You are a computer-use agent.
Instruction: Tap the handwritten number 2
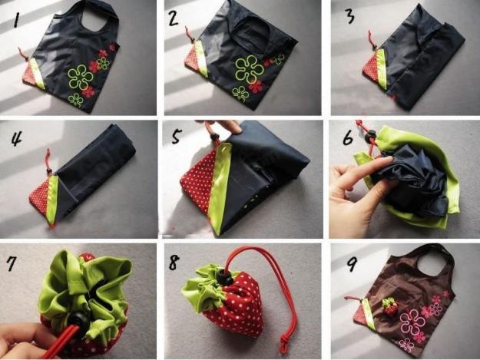(173, 18)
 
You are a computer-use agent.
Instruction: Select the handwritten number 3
(350, 16)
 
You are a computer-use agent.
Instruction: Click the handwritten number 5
(177, 137)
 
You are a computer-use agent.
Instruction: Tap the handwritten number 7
(12, 263)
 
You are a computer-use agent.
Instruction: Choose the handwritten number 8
(174, 263)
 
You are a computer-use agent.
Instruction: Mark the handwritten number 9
(351, 263)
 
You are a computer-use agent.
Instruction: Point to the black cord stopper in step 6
(371, 134)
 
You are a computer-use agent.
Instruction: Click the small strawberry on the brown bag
(390, 307)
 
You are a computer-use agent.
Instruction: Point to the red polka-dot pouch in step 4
(39, 195)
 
